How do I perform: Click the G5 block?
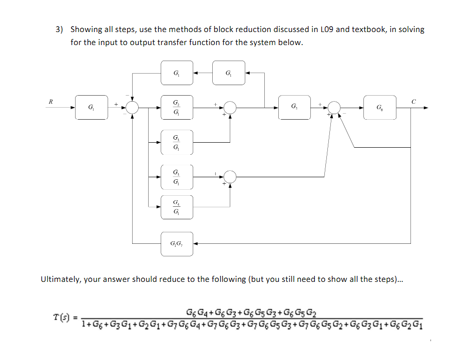point(294,107)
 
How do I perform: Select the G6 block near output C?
point(379,107)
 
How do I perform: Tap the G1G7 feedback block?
point(177,244)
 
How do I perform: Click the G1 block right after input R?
point(91,107)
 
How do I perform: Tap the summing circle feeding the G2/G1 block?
point(133,107)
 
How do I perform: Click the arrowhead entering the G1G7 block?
point(196,244)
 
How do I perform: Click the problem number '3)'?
point(60,30)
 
